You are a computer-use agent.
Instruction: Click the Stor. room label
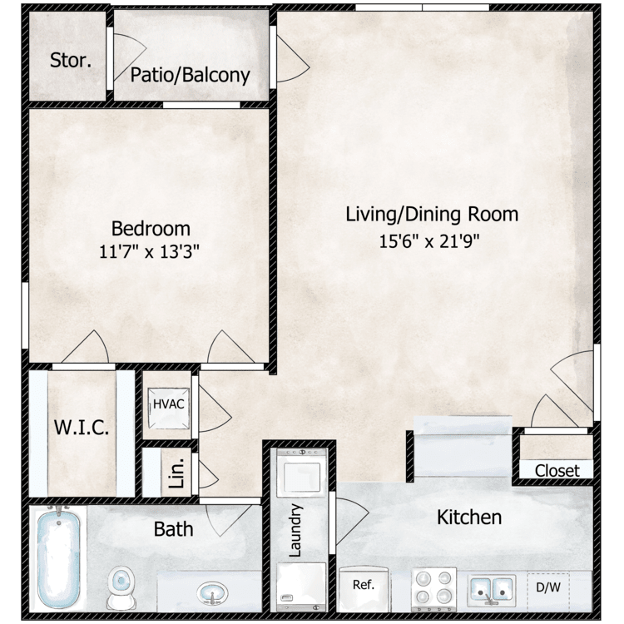[71, 61]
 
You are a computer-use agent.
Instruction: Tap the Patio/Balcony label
[191, 75]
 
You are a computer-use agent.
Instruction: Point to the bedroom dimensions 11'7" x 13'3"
[149, 251]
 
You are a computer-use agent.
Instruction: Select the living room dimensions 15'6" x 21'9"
[429, 240]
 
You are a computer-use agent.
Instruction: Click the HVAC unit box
[169, 409]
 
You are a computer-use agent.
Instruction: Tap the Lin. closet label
[176, 473]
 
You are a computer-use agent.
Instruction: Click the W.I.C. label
[82, 428]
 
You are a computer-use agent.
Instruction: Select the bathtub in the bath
[58, 557]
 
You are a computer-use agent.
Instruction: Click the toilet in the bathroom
[121, 587]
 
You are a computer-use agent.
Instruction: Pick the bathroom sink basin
[212, 593]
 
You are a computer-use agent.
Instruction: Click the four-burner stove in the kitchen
[433, 588]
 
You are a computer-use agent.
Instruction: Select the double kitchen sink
[492, 589]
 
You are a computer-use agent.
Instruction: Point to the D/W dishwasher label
[548, 587]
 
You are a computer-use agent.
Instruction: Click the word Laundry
[295, 531]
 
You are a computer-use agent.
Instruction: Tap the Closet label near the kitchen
[557, 471]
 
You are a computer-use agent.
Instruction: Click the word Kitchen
[469, 518]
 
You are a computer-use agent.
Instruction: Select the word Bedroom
[151, 229]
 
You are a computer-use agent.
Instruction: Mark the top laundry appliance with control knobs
[302, 471]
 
